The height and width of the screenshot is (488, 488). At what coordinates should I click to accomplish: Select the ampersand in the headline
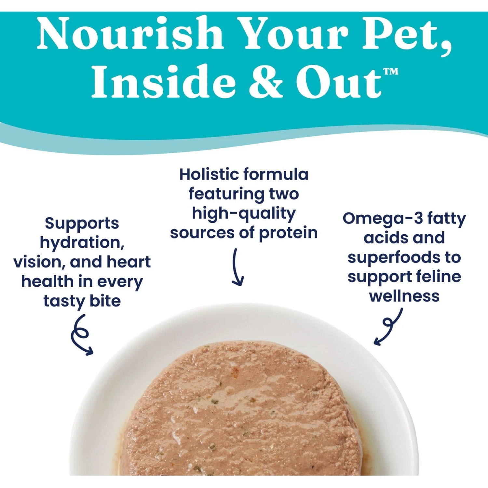pyautogui.click(x=265, y=81)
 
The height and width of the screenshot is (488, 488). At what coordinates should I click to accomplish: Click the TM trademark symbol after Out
pyautogui.click(x=390, y=71)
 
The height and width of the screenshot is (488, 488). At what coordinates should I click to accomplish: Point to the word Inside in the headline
pyautogui.click(x=163, y=81)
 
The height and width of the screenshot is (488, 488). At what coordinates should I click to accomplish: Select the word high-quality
pyautogui.click(x=244, y=214)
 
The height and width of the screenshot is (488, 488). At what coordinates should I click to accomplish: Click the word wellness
pyautogui.click(x=404, y=296)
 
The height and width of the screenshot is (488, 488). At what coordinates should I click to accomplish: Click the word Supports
pyautogui.click(x=82, y=224)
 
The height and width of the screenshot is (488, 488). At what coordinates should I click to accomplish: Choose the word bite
pyautogui.click(x=105, y=301)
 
